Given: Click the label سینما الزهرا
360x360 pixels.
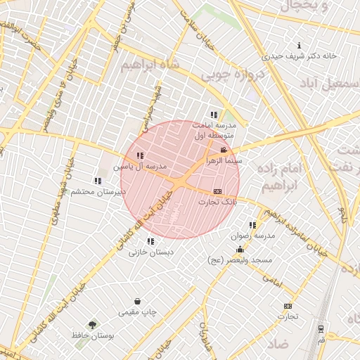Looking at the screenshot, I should click(x=224, y=160).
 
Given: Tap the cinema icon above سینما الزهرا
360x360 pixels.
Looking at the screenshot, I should click(x=224, y=150).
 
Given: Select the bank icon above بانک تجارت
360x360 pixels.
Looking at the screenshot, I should click(x=217, y=191).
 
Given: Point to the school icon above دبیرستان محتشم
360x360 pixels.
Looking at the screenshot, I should click(x=97, y=181).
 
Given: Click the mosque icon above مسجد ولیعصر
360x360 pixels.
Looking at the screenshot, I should click(x=240, y=250).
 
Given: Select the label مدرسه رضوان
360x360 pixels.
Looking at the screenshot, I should click(x=252, y=236).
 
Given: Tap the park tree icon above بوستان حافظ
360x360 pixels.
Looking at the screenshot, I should click(x=92, y=325).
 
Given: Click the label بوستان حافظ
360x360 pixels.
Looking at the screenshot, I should click(x=92, y=335).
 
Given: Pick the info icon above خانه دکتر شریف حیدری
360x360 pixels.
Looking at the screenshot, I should click(x=300, y=45).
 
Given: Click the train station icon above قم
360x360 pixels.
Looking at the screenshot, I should click(x=321, y=328).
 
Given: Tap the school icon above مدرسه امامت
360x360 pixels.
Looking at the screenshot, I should click(x=214, y=115).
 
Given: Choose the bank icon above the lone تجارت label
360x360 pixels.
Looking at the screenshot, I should click(x=287, y=306).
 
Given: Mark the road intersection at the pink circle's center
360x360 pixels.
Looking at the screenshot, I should click(x=180, y=180).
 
